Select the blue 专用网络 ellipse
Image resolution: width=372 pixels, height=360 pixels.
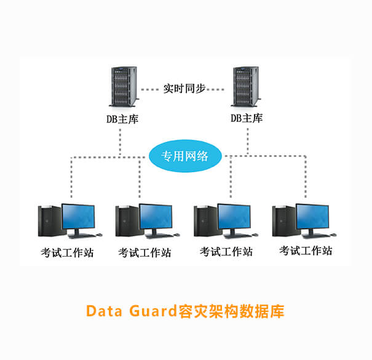[184, 156]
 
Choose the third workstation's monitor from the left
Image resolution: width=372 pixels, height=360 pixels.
[235, 217]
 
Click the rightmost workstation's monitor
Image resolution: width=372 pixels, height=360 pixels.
[314, 217]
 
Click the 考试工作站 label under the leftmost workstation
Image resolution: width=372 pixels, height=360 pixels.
[67, 252]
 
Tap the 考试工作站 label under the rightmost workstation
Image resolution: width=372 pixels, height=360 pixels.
[306, 250]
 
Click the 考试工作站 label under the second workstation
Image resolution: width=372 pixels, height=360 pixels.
[145, 252]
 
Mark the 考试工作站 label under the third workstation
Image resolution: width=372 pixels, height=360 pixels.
[226, 251]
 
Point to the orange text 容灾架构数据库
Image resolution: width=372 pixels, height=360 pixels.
[231, 311]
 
